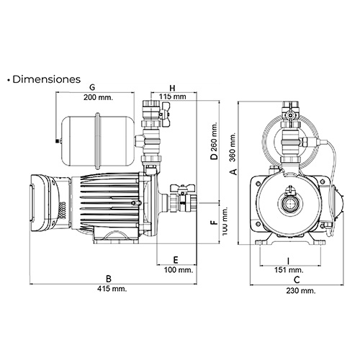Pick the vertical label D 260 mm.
[214, 148]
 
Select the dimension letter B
[109, 278]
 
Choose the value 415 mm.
[109, 289]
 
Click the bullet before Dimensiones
[7, 79]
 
